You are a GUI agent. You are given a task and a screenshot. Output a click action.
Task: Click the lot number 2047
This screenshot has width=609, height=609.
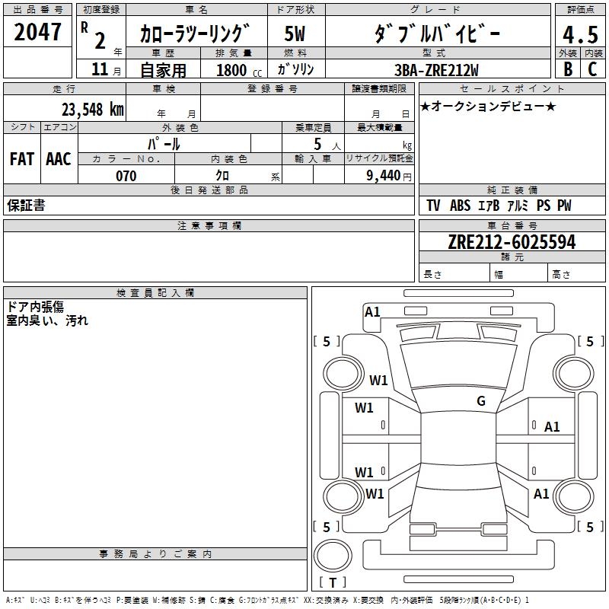click(x=38, y=33)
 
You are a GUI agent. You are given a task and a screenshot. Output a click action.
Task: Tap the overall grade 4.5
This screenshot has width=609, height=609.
click(x=579, y=35)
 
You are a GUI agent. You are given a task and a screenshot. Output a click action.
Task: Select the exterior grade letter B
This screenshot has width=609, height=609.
click(x=567, y=69)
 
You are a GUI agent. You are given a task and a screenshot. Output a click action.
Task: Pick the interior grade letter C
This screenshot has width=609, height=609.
click(x=592, y=69)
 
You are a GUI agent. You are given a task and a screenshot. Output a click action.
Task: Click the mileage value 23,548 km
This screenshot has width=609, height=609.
click(x=93, y=110)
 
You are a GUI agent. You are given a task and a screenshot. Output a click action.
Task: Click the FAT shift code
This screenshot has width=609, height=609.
click(x=21, y=159)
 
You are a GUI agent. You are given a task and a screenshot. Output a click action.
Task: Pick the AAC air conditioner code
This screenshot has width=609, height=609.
click(x=58, y=159)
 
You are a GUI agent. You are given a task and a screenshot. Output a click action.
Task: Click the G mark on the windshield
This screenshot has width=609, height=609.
click(x=480, y=400)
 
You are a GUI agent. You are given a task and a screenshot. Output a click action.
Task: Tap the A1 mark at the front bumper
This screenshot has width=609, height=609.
click(x=372, y=311)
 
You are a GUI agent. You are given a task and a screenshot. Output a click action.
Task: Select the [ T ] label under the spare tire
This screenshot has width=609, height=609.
click(x=333, y=582)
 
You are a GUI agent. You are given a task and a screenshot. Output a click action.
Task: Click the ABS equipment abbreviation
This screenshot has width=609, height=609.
click(x=460, y=206)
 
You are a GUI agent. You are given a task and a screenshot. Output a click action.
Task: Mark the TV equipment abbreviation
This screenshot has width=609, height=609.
click(x=433, y=206)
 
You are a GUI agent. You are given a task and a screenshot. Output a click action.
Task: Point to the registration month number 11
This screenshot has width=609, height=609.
click(x=99, y=69)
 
